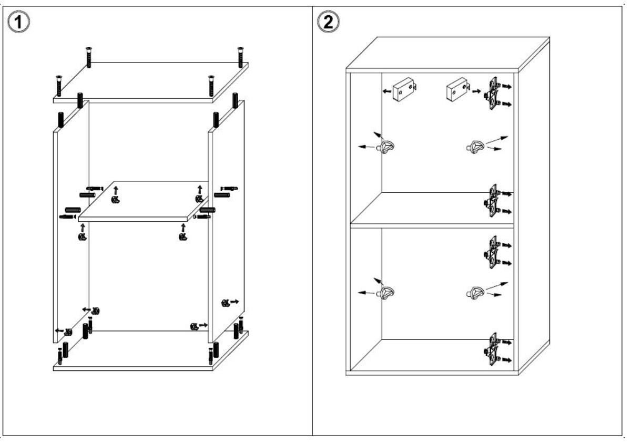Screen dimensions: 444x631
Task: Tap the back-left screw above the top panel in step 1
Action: (x=88, y=56)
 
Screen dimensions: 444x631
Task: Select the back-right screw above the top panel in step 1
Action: (x=240, y=56)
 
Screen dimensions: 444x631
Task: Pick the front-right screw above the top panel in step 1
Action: (x=211, y=84)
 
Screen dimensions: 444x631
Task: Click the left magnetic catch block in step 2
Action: (x=404, y=89)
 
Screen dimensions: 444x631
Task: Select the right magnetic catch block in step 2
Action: (x=456, y=89)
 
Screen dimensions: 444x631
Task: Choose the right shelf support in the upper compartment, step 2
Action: (x=474, y=146)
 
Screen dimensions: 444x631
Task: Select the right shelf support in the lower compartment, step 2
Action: (x=474, y=292)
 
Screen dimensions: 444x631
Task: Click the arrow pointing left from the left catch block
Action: (x=386, y=91)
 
